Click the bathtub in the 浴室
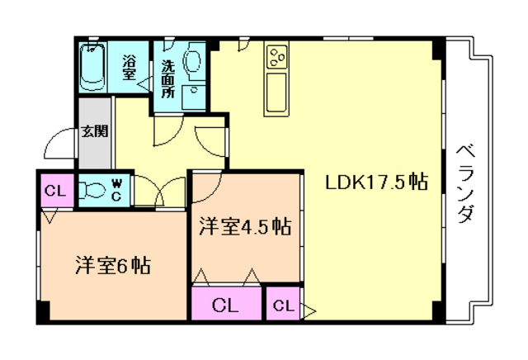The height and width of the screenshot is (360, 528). click(x=92, y=67)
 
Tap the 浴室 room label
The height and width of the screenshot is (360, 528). click(x=129, y=67)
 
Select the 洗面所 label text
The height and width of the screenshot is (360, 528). click(x=168, y=79)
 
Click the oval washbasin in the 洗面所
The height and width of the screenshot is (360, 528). click(x=194, y=60)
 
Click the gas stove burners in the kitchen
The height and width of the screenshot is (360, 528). click(x=277, y=57)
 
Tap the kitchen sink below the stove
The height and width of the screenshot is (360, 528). click(x=277, y=92)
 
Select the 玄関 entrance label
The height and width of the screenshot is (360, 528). click(x=95, y=131)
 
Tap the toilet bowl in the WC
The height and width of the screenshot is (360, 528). click(x=92, y=190)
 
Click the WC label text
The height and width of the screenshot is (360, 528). click(x=116, y=191)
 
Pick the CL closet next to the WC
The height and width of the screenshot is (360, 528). click(x=55, y=191)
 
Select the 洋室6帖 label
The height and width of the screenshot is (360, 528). click(x=113, y=265)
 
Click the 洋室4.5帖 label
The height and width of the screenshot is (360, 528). click(x=245, y=226)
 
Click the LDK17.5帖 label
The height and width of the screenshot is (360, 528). click(x=376, y=182)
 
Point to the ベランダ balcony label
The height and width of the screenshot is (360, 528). click(x=465, y=183)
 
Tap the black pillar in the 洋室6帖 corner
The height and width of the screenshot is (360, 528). click(x=44, y=310)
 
